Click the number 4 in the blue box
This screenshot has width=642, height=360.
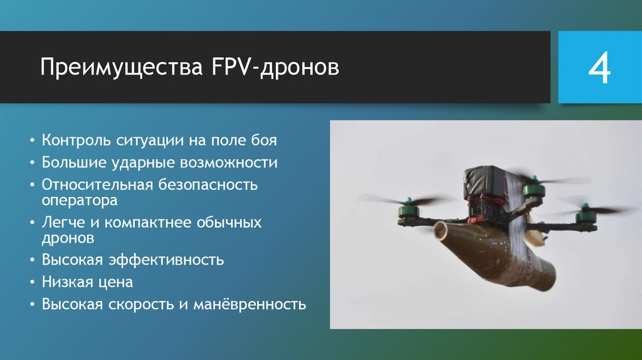pos(599,68)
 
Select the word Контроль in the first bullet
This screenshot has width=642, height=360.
pos(76,140)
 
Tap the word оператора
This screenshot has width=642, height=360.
pos(80,201)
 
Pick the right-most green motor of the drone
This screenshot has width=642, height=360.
pos(586,215)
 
